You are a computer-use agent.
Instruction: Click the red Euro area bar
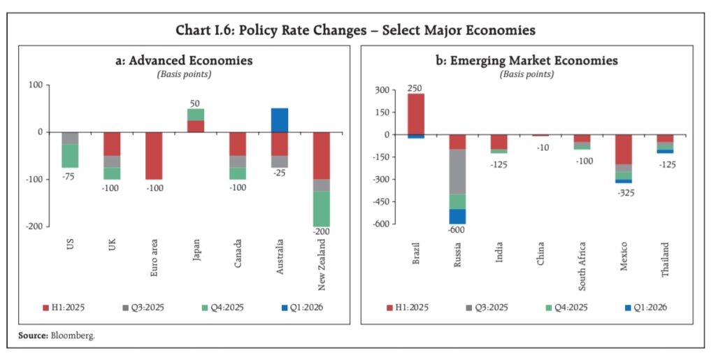tap(154, 155)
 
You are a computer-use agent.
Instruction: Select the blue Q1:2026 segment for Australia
tap(280, 120)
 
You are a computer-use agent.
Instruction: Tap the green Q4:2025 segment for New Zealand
tap(322, 208)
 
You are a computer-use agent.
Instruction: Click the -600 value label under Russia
tap(458, 231)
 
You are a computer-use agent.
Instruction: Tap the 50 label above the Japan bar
tap(195, 103)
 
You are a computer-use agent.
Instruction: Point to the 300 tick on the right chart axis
tap(381, 90)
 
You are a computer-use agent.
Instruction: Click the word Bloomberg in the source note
tap(73, 336)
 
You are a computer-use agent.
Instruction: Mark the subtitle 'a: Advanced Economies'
tap(184, 61)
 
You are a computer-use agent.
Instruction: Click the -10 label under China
tap(541, 147)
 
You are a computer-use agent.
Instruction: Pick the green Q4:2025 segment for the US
tap(70, 156)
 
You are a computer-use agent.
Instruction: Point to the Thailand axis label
tap(664, 260)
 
